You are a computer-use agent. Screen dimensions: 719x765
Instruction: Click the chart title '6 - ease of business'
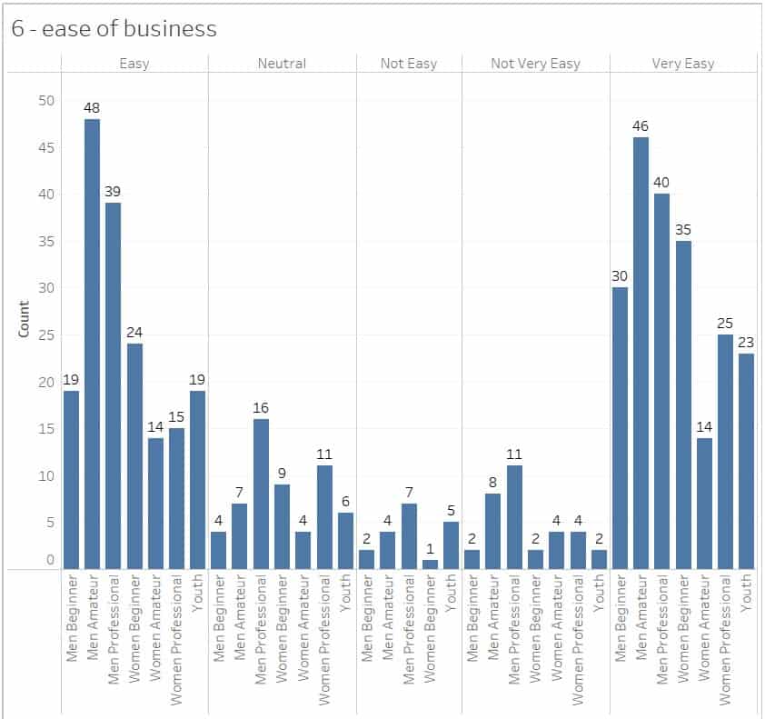114,29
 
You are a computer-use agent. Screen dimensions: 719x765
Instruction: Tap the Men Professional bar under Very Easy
661,381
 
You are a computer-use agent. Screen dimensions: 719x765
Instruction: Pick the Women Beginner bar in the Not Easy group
431,564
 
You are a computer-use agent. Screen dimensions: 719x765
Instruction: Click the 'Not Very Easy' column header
536,64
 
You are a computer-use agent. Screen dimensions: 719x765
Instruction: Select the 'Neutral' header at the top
282,64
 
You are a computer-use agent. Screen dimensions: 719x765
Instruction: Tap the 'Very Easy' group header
683,64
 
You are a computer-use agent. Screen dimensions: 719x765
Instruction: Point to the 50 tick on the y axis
46,100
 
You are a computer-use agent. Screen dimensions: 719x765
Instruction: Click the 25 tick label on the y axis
46,335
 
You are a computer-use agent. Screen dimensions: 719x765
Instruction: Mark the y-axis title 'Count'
25,319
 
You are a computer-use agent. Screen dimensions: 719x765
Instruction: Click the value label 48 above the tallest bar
92,108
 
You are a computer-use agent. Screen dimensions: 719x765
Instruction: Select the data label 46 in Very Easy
641,126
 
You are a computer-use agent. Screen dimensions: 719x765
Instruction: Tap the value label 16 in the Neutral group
261,408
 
